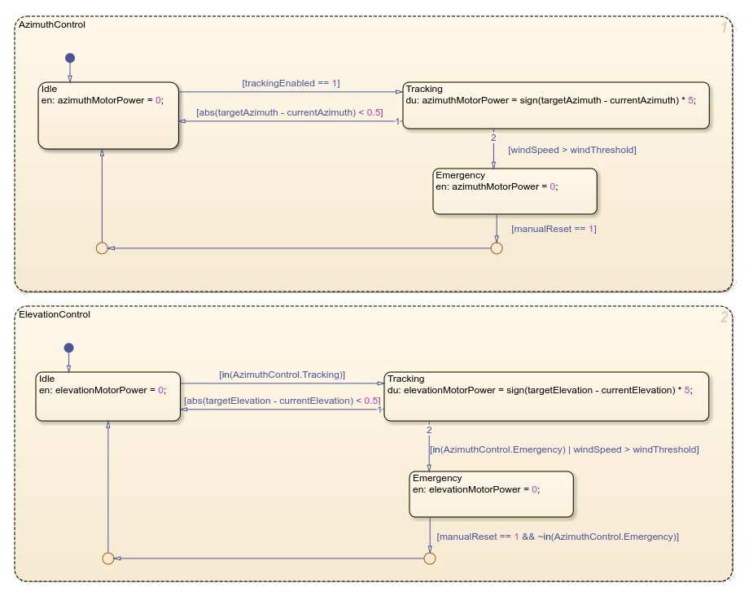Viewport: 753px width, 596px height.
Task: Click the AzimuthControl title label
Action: click(51, 25)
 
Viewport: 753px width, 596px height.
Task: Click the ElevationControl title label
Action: click(54, 314)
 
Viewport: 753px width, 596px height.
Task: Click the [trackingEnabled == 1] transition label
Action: click(291, 83)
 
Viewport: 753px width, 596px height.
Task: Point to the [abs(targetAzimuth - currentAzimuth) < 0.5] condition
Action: click(289, 112)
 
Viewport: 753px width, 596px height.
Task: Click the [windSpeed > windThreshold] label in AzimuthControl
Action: click(571, 150)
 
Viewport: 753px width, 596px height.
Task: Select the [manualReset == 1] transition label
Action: click(554, 229)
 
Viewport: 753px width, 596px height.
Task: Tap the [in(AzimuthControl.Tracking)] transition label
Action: click(282, 375)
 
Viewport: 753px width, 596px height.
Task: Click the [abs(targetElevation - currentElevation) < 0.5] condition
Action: click(282, 401)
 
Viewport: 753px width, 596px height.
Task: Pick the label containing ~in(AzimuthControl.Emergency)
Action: click(558, 537)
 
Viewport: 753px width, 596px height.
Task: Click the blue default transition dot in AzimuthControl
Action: click(70, 58)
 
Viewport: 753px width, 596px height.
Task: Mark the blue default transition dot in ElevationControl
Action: click(68, 348)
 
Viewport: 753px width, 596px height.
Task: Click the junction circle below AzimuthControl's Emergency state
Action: click(497, 248)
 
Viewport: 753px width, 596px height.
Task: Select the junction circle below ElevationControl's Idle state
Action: click(107, 558)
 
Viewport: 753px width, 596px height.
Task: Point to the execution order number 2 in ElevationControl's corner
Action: click(723, 318)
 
